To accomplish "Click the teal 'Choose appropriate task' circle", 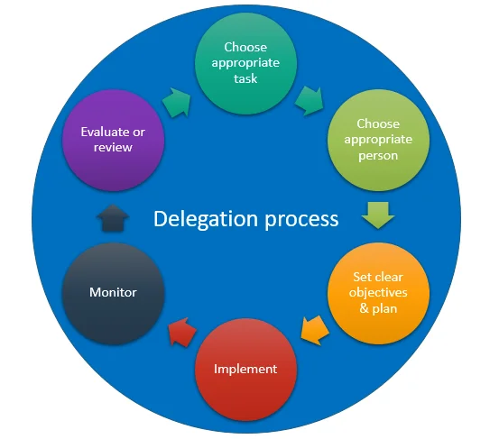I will pyautogui.click(x=245, y=62).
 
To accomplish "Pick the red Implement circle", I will pyautogui.click(x=245, y=369).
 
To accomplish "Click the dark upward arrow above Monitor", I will pyautogui.click(x=113, y=216).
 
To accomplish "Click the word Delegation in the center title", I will pyautogui.click(x=199, y=218).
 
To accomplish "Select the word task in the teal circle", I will pyautogui.click(x=245, y=78).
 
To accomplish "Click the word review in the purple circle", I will pyautogui.click(x=113, y=147).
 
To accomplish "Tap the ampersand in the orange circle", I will pyautogui.click(x=361, y=308).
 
